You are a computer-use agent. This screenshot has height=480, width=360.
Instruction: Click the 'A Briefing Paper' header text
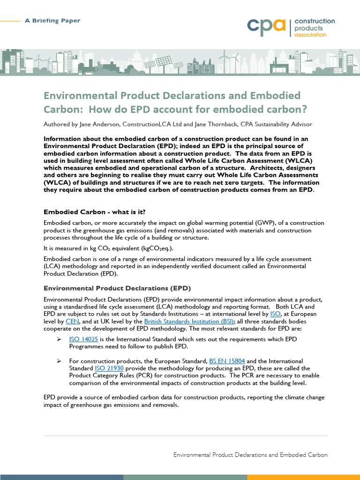[52, 21]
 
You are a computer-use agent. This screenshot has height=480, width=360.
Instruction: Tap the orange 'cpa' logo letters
[266, 28]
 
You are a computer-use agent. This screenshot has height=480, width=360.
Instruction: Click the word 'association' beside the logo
[310, 35]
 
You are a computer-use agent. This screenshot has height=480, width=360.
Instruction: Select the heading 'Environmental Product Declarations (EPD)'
[117, 288]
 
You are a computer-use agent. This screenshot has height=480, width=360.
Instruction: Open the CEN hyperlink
[73, 322]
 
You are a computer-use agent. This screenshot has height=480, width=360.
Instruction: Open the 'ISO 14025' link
[83, 339]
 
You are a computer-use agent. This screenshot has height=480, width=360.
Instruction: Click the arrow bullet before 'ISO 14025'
[60, 339]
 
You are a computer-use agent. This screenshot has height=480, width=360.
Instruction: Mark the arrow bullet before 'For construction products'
[60, 361]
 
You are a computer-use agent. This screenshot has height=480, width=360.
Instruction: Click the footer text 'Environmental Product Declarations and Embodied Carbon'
[250, 455]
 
